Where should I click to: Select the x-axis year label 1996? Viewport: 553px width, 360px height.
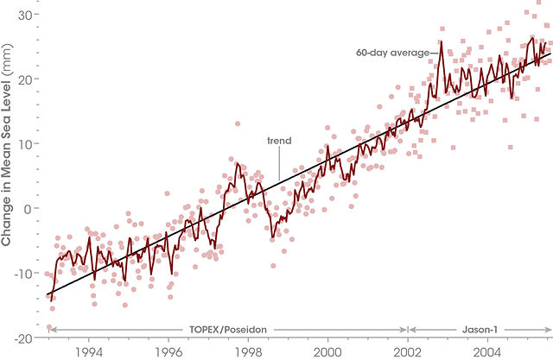coord(168,352)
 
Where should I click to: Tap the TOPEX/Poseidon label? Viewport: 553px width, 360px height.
coord(226,330)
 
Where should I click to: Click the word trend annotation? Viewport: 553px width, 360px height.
coord(279,140)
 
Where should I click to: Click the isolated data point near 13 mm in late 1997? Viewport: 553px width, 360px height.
coord(238,123)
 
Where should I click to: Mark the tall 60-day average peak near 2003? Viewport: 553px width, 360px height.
coord(441,43)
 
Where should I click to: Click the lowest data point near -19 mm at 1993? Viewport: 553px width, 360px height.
coord(49,327)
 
